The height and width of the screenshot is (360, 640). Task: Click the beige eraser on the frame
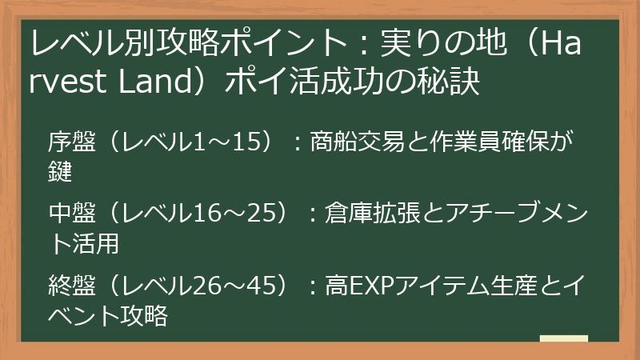tap(563, 339)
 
